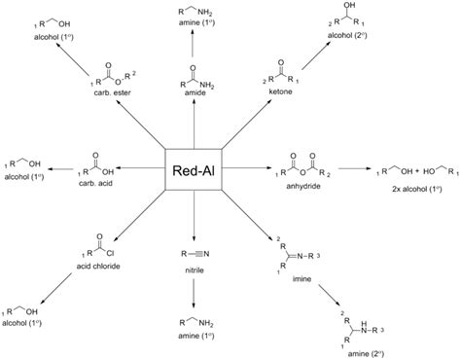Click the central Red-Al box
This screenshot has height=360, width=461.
(x=195, y=169)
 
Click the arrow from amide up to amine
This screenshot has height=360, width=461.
(x=195, y=55)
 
